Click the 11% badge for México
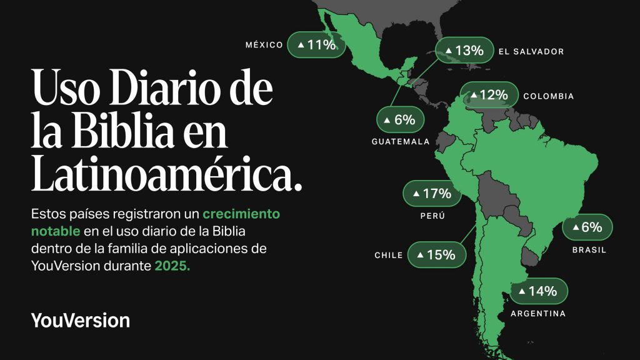(317, 44)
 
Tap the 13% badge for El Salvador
(464, 51)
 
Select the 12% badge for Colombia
(489, 95)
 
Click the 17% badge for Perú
(432, 194)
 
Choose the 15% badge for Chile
(436, 254)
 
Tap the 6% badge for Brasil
(587, 227)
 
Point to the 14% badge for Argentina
(539, 291)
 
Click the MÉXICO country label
(264, 45)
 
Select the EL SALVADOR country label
(531, 52)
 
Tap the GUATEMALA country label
(401, 142)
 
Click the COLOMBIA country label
(548, 96)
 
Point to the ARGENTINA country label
(538, 314)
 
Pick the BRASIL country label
(589, 250)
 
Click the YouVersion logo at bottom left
(81, 321)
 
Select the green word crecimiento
(241, 214)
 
